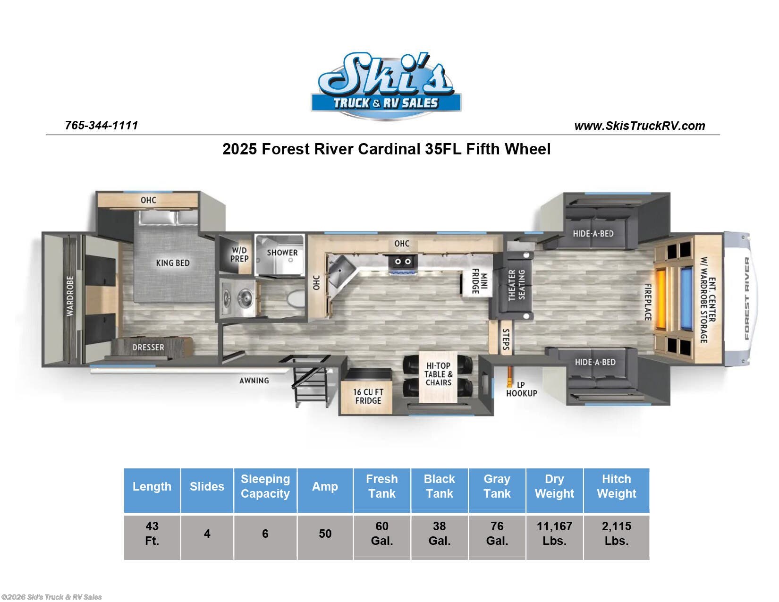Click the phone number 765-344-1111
point(101,125)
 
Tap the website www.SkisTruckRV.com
point(639,126)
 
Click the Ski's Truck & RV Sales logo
point(386,85)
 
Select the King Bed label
point(173,263)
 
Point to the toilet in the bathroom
point(296,298)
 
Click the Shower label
point(282,253)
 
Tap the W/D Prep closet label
point(239,254)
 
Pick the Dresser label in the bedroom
point(148,348)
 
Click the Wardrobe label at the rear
point(70,296)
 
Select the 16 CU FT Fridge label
point(368,396)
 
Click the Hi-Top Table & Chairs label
point(438,374)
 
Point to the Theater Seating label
point(516,285)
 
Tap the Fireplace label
point(649,302)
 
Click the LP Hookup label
point(521,389)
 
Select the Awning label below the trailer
point(254,380)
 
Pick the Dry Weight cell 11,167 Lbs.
point(554,533)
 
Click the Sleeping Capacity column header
point(265,486)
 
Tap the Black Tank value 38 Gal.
point(439,533)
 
